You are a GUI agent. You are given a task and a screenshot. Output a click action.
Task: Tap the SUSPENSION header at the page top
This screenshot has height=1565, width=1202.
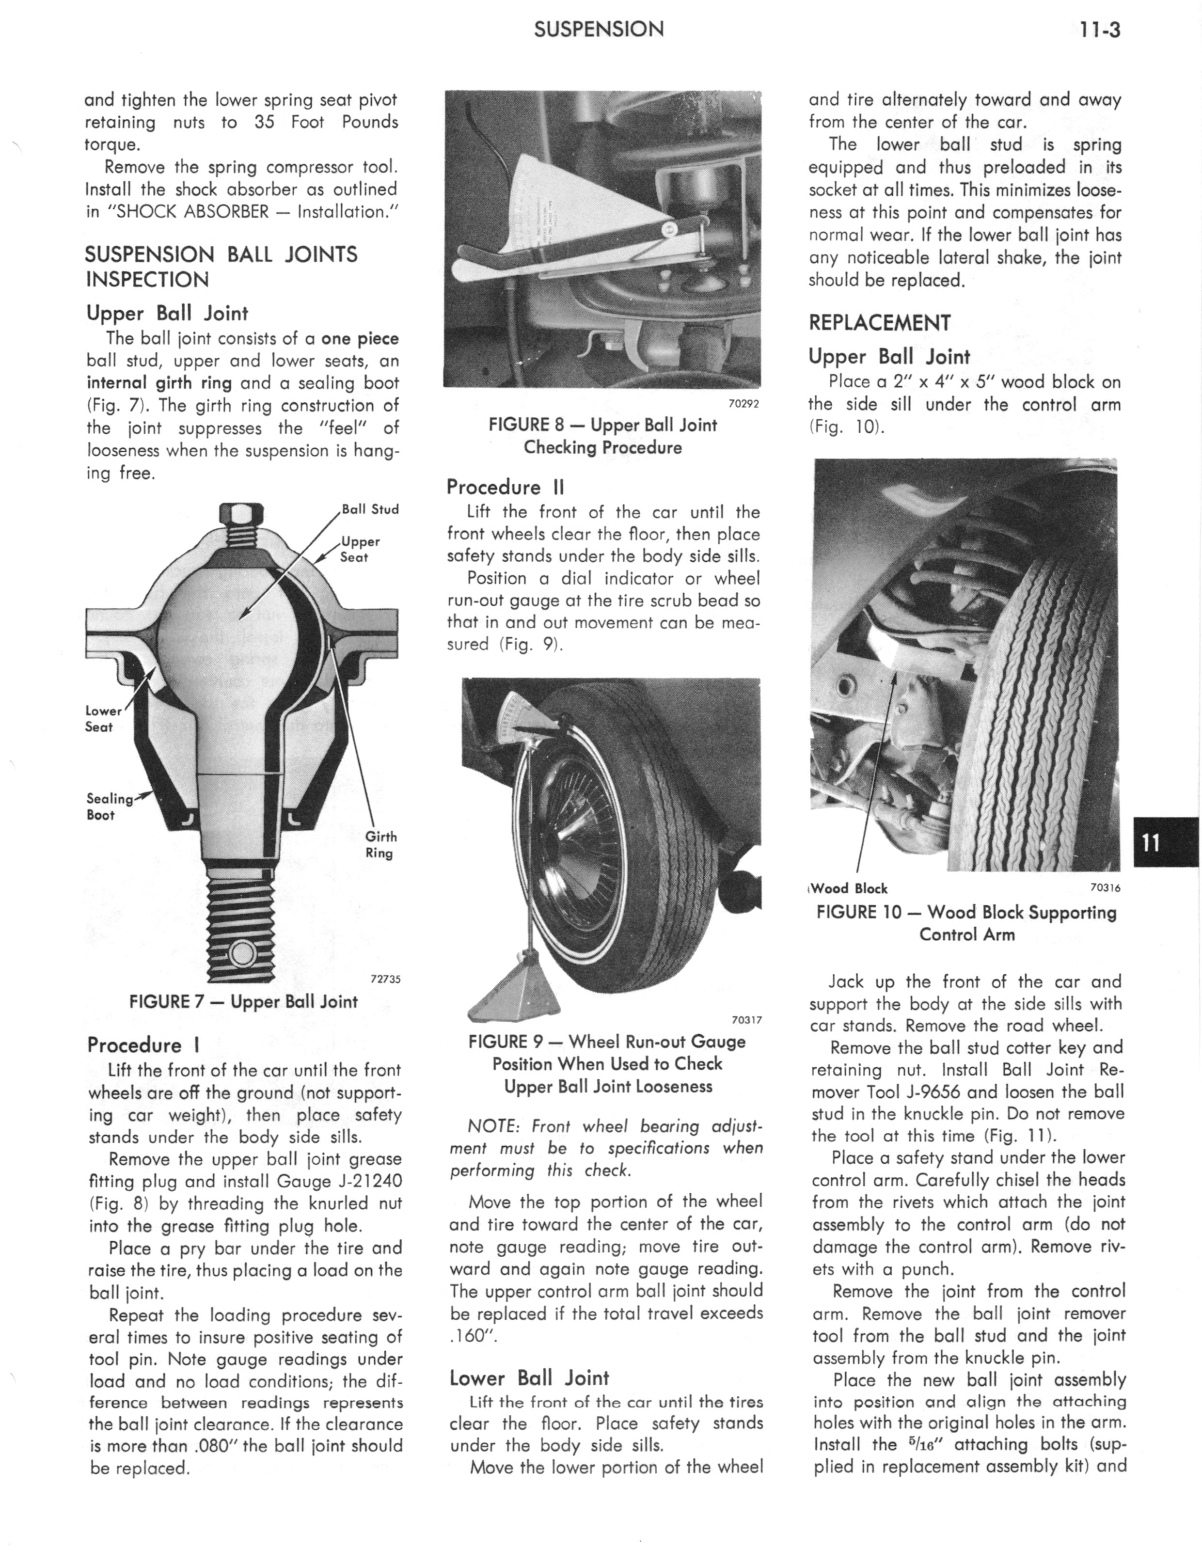tap(599, 30)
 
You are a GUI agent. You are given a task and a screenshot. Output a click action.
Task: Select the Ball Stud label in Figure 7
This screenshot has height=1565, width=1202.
tap(370, 509)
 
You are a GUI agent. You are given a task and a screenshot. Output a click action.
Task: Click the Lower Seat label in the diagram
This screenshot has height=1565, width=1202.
tap(102, 719)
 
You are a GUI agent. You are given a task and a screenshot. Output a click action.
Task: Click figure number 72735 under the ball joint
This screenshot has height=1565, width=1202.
tap(385, 979)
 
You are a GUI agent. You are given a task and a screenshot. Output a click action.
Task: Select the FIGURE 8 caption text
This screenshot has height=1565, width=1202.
tap(602, 436)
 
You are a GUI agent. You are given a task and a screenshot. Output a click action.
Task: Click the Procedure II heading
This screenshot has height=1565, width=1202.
tap(505, 487)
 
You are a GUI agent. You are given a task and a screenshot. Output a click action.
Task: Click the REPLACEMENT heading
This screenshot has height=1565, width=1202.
tap(879, 323)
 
